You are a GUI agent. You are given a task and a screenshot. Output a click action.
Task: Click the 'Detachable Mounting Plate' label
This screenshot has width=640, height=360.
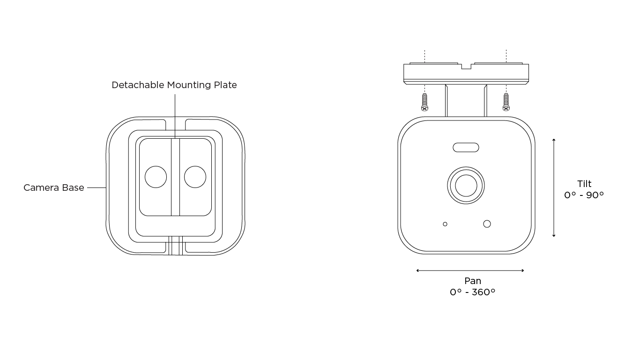click(174, 85)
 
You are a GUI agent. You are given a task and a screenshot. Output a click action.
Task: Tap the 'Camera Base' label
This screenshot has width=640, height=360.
click(54, 187)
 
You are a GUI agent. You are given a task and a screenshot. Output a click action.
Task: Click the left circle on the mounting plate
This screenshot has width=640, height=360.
click(156, 177)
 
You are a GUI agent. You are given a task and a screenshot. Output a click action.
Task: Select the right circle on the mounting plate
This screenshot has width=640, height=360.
click(195, 177)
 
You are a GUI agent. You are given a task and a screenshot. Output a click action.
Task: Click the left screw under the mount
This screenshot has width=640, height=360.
click(424, 102)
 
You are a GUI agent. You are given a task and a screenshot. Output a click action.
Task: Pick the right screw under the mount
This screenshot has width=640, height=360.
click(506, 102)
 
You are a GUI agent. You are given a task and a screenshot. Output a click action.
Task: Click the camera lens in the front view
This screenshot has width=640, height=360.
click(466, 185)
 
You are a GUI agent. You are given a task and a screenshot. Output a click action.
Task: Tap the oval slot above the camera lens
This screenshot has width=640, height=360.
click(466, 147)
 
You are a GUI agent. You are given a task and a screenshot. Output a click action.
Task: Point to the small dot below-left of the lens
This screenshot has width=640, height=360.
click(445, 224)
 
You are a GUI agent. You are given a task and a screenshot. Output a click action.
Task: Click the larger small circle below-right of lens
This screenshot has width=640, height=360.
click(487, 224)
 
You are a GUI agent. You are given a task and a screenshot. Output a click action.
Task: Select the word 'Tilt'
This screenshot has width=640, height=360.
click(584, 184)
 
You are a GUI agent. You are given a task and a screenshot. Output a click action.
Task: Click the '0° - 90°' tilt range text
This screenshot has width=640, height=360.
click(584, 195)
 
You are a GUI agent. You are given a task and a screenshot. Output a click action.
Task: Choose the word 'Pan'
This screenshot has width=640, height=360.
click(473, 281)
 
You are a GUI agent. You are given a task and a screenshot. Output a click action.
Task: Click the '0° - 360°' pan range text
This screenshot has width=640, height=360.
click(473, 292)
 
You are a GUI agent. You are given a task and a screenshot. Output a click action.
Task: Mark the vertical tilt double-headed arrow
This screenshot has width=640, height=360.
click(554, 187)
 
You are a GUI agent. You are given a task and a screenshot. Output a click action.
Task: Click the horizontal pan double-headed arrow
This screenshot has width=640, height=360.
click(470, 270)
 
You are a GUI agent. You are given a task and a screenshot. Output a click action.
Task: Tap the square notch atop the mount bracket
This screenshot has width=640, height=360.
click(466, 67)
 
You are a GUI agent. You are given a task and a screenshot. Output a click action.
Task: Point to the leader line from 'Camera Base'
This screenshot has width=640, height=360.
click(97, 187)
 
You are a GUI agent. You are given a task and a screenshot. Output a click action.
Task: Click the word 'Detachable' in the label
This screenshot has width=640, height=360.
click(138, 85)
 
